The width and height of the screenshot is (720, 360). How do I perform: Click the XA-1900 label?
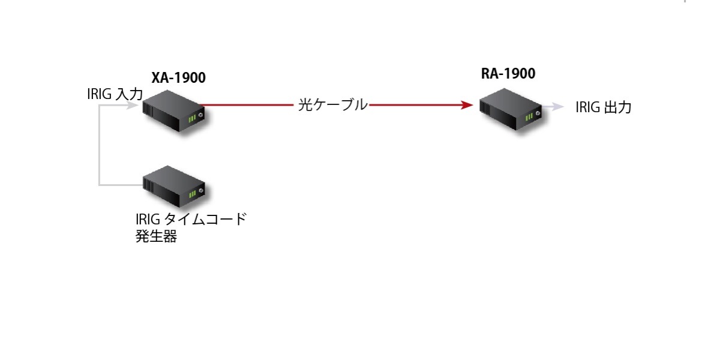(178, 77)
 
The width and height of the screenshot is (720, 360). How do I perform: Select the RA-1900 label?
(508, 74)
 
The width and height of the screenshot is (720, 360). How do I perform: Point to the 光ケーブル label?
(332, 105)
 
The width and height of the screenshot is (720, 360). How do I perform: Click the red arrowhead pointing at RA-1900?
(467, 105)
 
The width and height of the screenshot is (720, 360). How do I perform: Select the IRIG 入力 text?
(115, 94)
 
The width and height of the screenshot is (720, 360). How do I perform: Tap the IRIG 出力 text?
(603, 108)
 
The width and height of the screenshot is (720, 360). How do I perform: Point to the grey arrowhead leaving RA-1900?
(558, 107)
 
